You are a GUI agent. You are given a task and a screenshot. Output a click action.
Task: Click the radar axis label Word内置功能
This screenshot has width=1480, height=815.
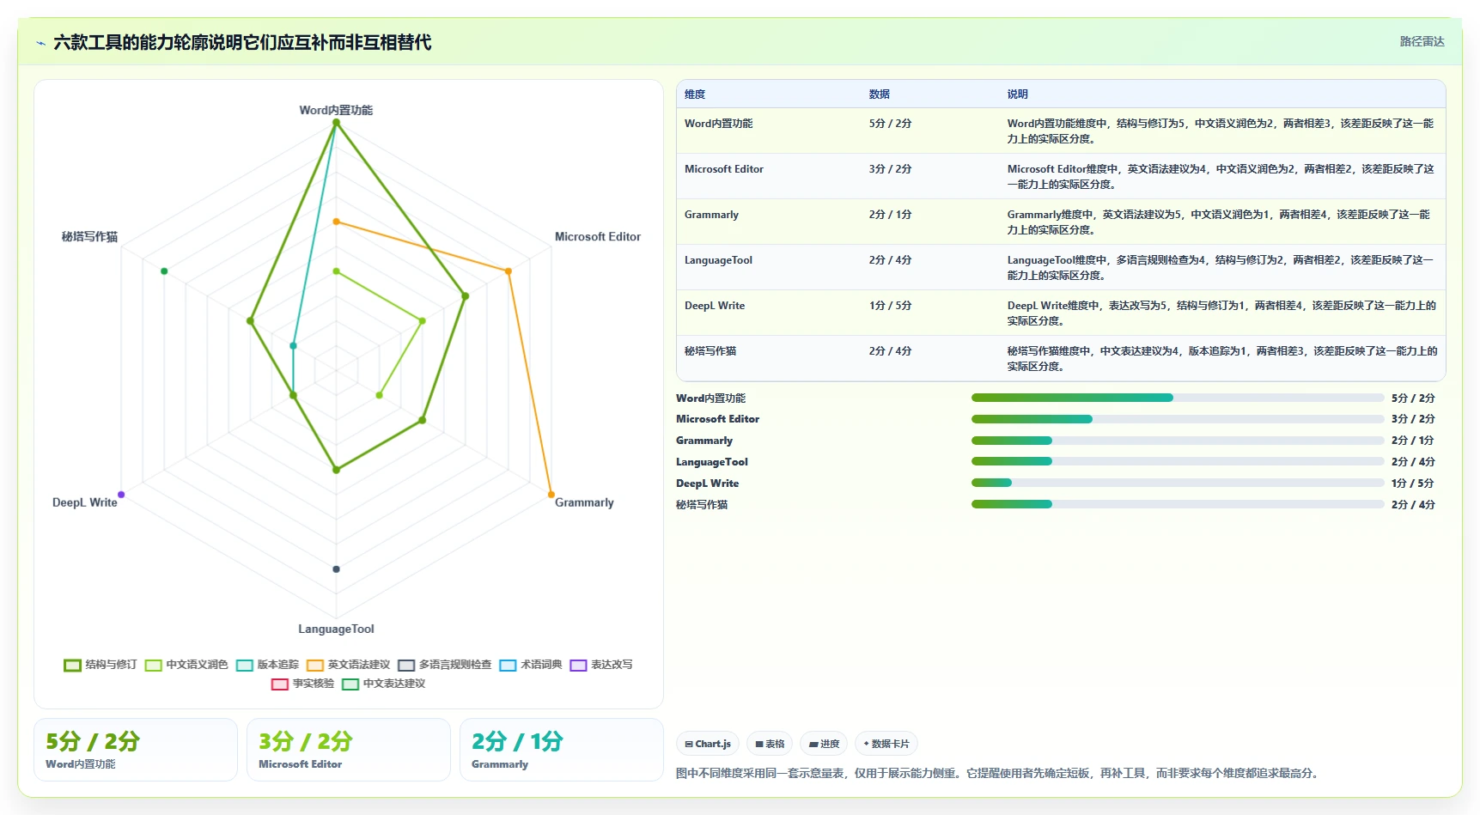pos(336,110)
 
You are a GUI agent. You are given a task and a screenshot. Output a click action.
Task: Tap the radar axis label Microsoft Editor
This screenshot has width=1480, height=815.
pos(598,236)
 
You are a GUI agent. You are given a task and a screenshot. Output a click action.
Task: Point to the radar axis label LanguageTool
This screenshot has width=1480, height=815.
pos(336,629)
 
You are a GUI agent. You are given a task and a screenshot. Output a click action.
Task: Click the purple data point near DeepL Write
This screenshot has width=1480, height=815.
pos(121,495)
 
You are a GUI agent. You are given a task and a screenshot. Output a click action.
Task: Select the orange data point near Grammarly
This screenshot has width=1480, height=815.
pos(551,495)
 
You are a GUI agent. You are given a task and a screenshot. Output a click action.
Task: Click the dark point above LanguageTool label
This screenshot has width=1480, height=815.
pos(336,569)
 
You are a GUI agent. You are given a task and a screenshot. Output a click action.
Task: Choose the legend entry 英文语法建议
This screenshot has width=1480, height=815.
pos(349,665)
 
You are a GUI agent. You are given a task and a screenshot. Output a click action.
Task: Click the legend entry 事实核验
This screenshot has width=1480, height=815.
pos(303,684)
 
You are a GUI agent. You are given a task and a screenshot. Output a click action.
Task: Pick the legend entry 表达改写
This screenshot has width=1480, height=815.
pos(601,665)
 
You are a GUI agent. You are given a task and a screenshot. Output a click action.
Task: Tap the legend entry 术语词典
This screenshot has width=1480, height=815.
pos(531,665)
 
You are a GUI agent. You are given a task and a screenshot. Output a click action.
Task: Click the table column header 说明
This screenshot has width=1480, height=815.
pos(1018,94)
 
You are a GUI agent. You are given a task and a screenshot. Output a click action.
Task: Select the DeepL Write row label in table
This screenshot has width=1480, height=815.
pos(715,306)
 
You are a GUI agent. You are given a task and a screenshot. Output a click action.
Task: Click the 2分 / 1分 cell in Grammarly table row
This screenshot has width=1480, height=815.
pos(890,215)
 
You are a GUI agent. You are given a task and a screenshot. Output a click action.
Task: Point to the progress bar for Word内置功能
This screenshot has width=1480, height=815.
pos(1178,398)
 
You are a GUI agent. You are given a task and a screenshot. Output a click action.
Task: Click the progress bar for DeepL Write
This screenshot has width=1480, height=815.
pos(1178,483)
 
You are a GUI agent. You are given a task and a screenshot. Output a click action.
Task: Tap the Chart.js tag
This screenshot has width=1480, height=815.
pos(708,744)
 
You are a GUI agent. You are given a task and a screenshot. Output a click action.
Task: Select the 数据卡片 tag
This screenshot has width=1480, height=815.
pos(886,744)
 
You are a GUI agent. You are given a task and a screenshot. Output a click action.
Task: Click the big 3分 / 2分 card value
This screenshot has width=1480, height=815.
pos(306,741)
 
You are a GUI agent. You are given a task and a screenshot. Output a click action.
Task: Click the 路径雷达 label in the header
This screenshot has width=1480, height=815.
pos(1422,41)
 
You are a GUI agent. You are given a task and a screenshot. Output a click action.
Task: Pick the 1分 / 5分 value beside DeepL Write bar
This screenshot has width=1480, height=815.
pos(1413,483)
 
